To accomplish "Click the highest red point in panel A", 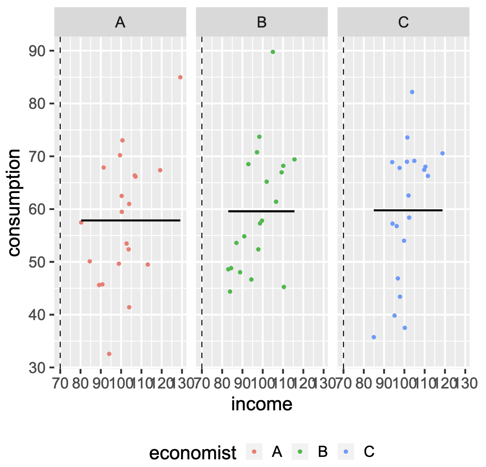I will (180, 77).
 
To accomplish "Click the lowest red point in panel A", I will (109, 354).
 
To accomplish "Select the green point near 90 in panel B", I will (273, 52).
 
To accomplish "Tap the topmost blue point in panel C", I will (412, 92).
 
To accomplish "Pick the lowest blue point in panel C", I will (373, 337).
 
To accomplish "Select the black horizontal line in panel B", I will (261, 211).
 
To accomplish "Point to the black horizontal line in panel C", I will (408, 210).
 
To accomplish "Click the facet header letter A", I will (120, 22).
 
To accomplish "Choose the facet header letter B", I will (262, 22).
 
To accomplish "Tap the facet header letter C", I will (403, 22).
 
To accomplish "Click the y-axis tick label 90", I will (38, 51).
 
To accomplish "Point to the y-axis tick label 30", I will (38, 368).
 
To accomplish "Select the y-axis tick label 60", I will (38, 209).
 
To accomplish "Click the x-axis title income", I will (262, 404).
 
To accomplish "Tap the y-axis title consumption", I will (14, 202).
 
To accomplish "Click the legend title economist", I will (193, 452).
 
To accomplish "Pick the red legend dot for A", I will (254, 452).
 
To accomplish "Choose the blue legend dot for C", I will (346, 452).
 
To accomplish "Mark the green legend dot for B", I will (300, 452).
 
